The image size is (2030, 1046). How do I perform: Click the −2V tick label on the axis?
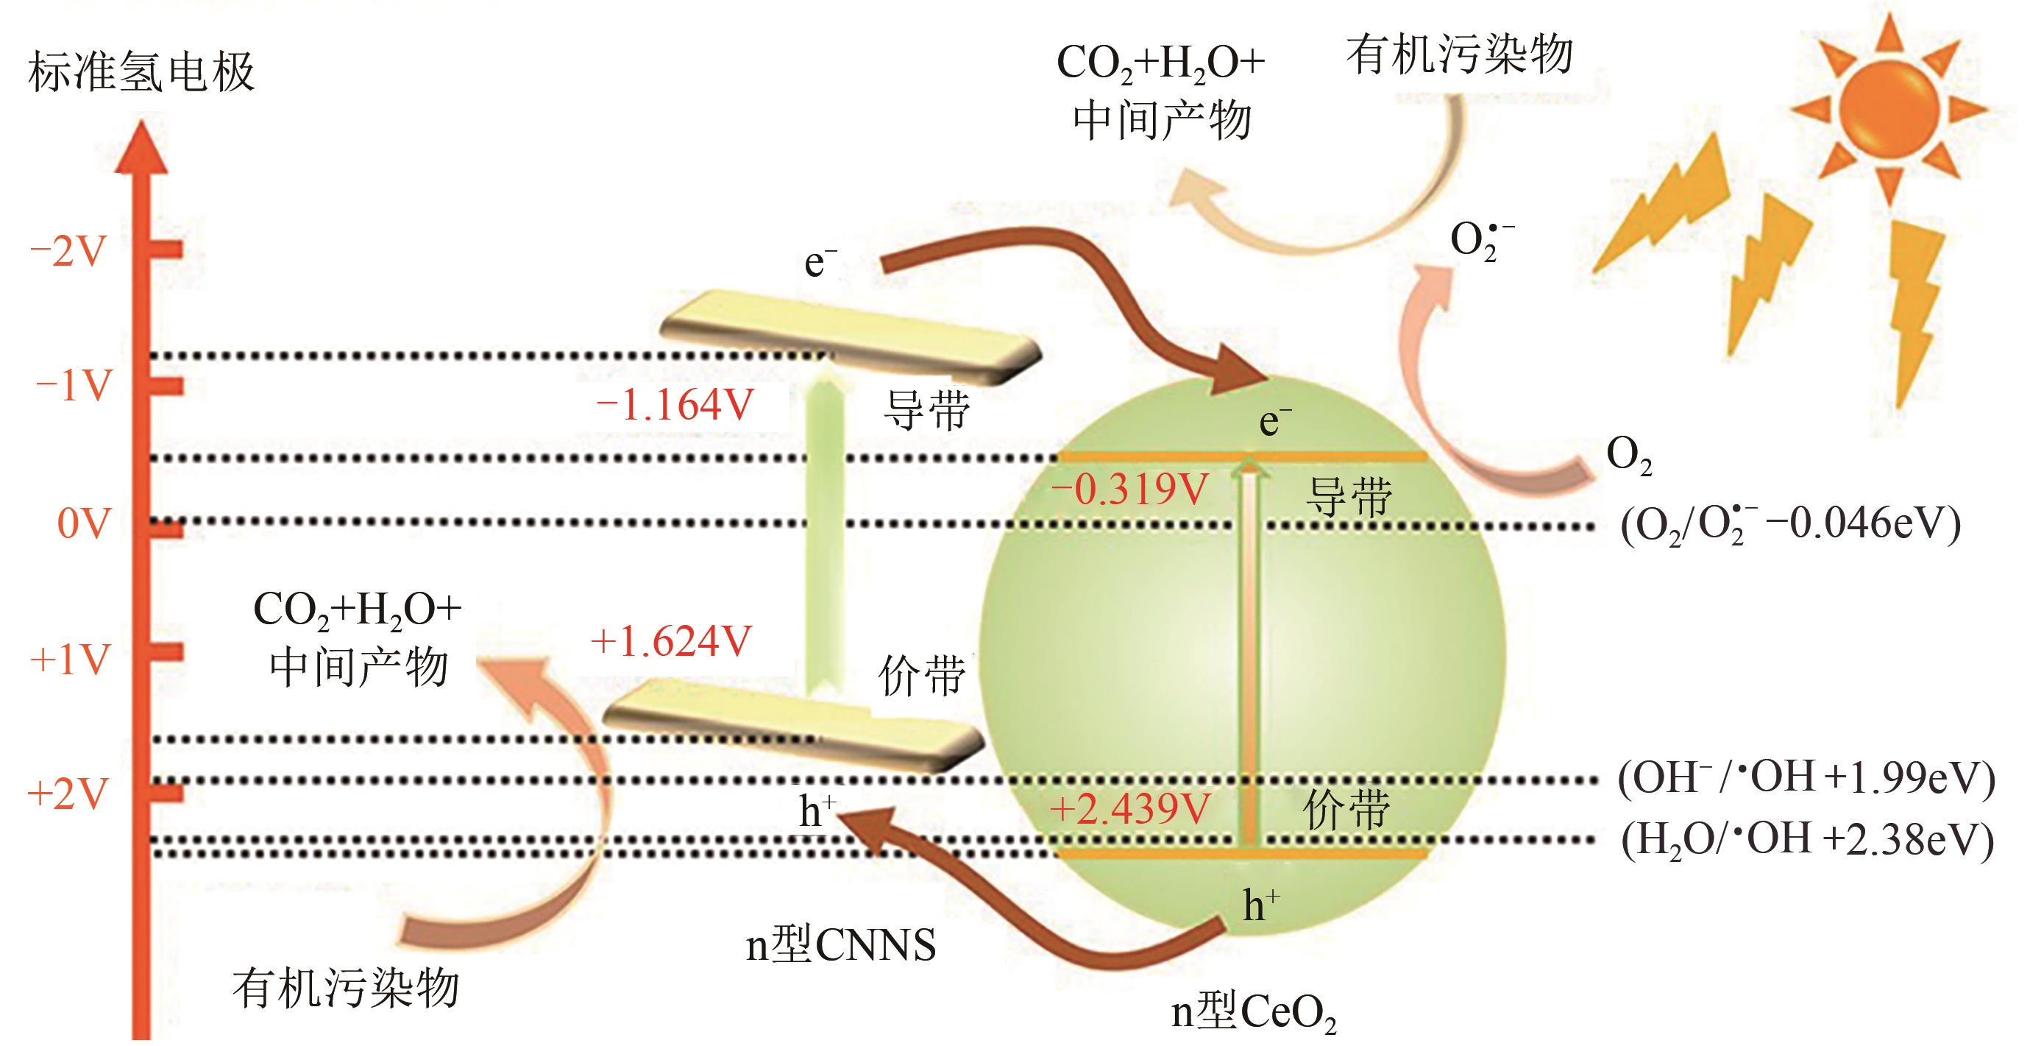point(68,252)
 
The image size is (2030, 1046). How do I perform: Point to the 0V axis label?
point(82,524)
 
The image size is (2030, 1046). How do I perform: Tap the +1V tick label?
point(69,659)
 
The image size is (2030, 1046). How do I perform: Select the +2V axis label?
point(68,794)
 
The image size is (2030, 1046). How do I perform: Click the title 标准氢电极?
point(141,73)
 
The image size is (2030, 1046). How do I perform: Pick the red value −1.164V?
point(675,406)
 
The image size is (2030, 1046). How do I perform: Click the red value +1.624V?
point(672,641)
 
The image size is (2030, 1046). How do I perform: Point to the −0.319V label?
point(1129,490)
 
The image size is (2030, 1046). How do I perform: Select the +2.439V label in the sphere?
point(1130,809)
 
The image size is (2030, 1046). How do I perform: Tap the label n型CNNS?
point(841,945)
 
